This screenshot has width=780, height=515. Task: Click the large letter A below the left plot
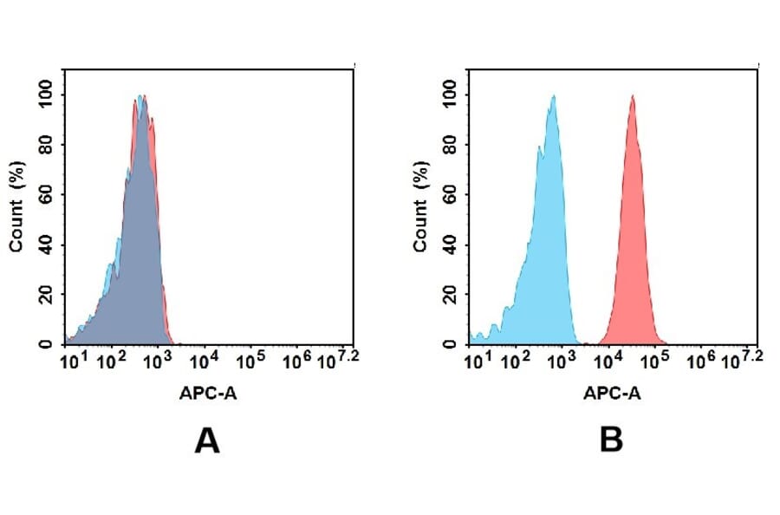207,442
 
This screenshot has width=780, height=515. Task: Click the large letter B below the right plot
611,442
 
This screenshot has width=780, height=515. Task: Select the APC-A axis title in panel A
207,394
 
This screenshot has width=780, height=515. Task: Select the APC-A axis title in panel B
612,394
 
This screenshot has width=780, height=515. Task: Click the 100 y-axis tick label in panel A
44,91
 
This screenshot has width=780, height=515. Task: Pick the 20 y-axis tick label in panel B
449,294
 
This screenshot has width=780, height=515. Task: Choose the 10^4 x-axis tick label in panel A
203,359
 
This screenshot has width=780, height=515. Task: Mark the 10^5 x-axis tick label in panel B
655,359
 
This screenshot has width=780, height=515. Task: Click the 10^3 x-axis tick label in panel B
562,359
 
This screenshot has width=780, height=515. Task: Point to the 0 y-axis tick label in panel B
449,343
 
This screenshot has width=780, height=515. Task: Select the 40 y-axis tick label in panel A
44,244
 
